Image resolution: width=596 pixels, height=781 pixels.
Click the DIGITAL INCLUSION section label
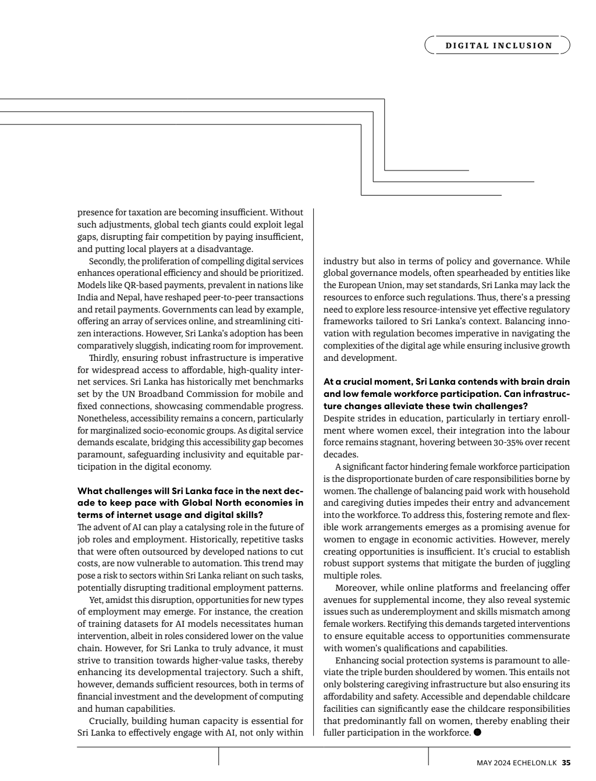(499, 45)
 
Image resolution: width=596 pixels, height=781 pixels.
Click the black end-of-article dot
(478, 732)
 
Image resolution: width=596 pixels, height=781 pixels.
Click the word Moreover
(354, 588)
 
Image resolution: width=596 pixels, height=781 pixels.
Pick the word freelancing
(500, 588)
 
